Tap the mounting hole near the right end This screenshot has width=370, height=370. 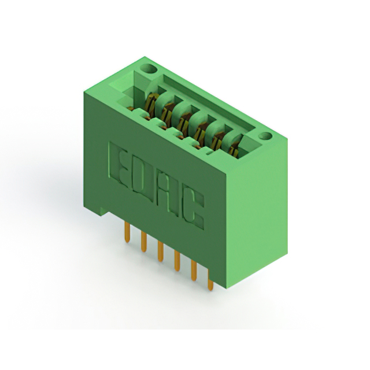(265, 137)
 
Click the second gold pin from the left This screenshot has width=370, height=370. (143, 240)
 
